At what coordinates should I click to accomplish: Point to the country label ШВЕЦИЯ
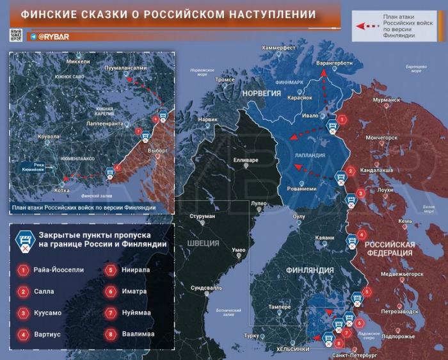click(x=204, y=243)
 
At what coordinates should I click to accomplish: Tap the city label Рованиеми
click(x=300, y=189)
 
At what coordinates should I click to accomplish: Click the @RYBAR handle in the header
click(x=53, y=37)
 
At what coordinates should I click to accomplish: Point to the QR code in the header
click(x=17, y=36)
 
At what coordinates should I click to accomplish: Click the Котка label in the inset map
click(x=62, y=190)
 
